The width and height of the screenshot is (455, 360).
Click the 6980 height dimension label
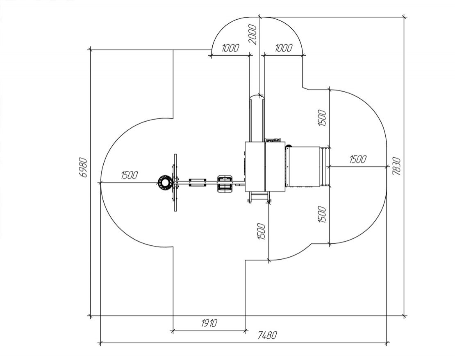pyautogui.click(x=83, y=167)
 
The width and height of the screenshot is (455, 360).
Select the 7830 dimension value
pyautogui.click(x=396, y=166)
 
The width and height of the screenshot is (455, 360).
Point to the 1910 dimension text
pyautogui.click(x=209, y=323)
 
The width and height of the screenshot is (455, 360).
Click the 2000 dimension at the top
pyautogui.click(x=253, y=34)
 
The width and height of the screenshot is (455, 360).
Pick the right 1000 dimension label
pyautogui.click(x=283, y=48)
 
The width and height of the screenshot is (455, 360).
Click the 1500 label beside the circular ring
pyautogui.click(x=129, y=175)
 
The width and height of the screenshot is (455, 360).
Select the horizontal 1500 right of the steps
pyautogui.click(x=357, y=159)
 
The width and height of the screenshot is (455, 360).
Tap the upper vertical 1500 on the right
pyautogui.click(x=322, y=118)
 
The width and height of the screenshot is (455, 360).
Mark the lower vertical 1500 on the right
pyautogui.click(x=322, y=214)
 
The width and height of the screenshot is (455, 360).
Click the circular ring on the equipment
pyautogui.click(x=165, y=182)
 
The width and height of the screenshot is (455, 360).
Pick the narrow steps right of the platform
pyautogui.click(x=325, y=167)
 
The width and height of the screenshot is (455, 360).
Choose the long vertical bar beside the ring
pyautogui.click(x=175, y=183)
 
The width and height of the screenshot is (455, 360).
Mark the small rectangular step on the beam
pyautogui.click(x=198, y=182)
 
